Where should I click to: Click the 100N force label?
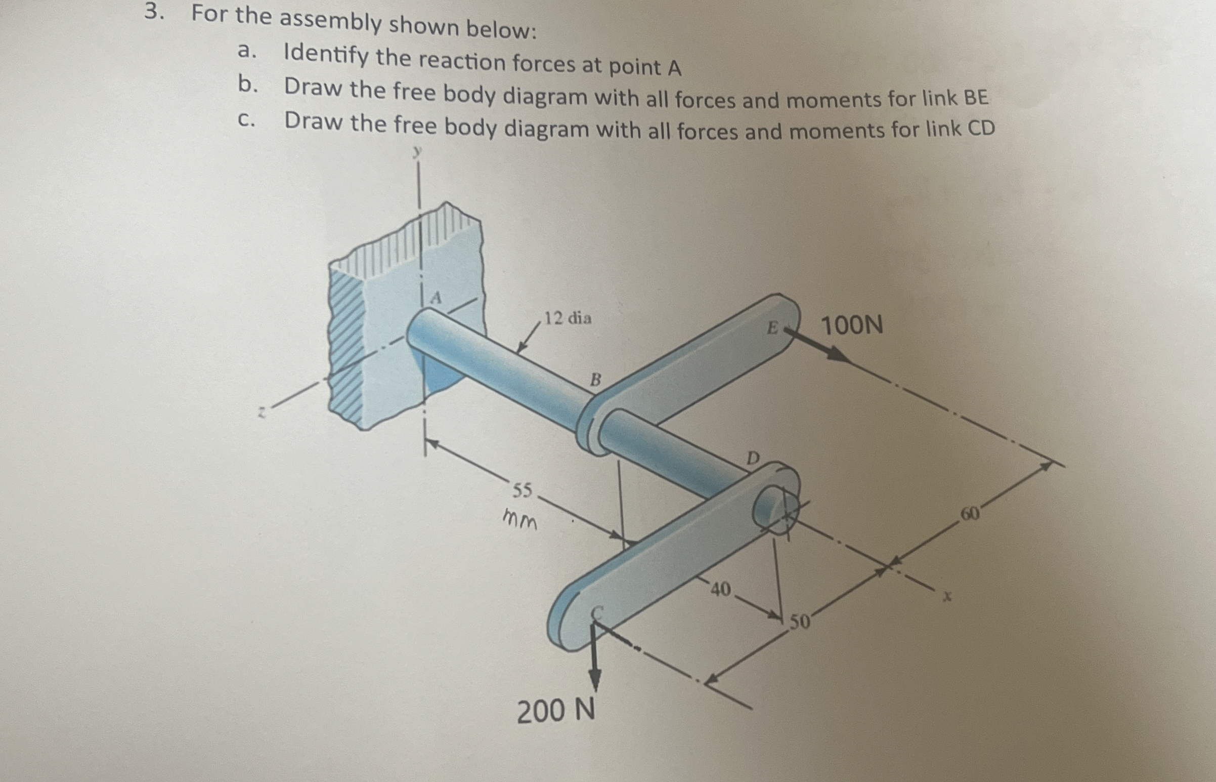(x=852, y=325)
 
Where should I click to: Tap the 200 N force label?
(x=556, y=711)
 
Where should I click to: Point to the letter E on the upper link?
(x=772, y=328)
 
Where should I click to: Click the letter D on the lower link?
(x=753, y=459)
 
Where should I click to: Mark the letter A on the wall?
(x=436, y=298)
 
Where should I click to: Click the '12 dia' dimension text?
(x=568, y=319)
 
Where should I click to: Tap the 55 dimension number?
(x=522, y=490)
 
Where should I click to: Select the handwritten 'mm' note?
(x=519, y=520)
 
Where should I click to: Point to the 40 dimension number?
(x=721, y=589)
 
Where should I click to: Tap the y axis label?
(x=417, y=151)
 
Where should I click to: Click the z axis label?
(x=262, y=413)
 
